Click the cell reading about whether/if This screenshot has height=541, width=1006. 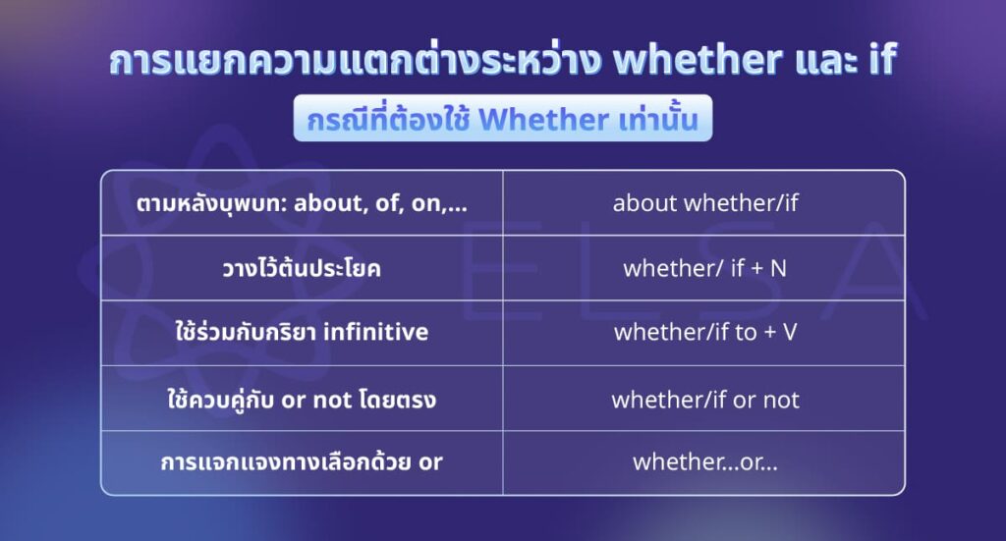click(x=704, y=203)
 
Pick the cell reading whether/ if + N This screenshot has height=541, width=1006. click(x=704, y=268)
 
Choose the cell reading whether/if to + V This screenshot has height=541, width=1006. click(x=704, y=333)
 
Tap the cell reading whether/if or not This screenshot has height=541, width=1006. click(x=704, y=400)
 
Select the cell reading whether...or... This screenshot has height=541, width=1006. click(x=704, y=461)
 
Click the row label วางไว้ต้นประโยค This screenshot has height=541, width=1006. click(x=301, y=268)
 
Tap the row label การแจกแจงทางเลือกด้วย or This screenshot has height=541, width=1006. click(x=301, y=461)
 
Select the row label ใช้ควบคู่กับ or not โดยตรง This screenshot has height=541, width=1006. click(x=301, y=400)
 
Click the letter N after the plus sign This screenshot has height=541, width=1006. click(x=778, y=268)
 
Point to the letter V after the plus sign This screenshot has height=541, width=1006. click(x=789, y=333)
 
